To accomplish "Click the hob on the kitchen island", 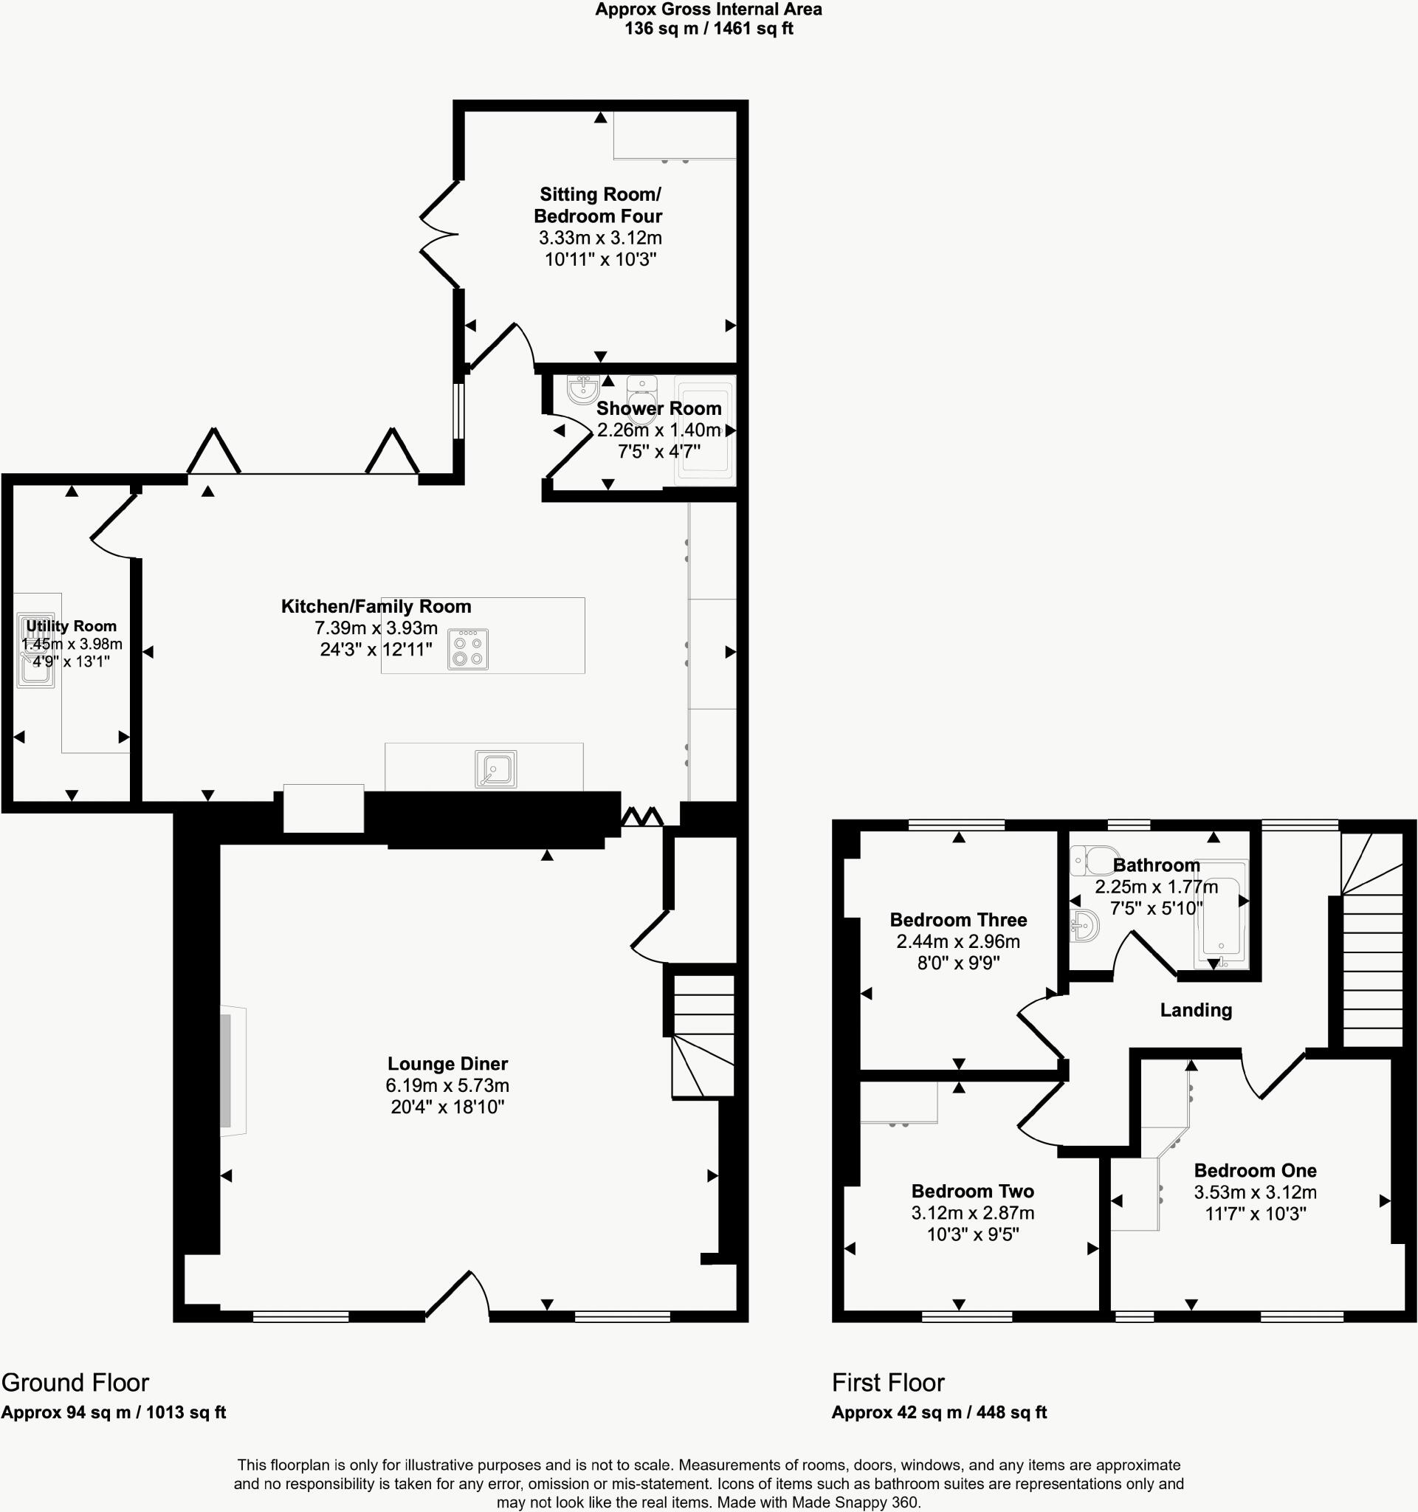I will point(467,650).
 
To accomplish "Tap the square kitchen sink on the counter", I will point(496,768).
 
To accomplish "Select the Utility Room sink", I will point(35,651).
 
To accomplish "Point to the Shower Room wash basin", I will point(583,389).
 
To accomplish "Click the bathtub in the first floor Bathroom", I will point(1222,915).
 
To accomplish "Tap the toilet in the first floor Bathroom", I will point(1093,861).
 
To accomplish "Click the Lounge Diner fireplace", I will point(229,1072).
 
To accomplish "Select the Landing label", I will point(1195,1010).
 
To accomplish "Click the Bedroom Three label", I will point(958,919).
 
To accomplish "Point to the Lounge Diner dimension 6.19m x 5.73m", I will point(447,1085).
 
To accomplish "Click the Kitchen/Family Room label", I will point(376,606).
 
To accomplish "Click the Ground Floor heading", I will point(75,1382).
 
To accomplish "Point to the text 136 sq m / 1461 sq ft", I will point(709,29).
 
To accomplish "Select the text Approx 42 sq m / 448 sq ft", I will point(939,1412).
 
